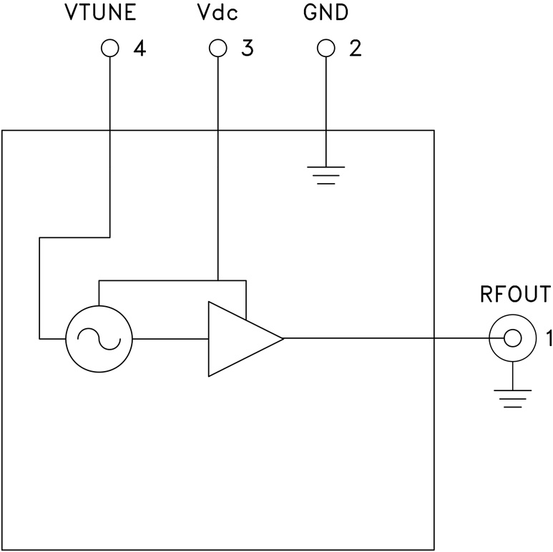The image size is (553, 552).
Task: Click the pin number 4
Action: pyautogui.click(x=140, y=49)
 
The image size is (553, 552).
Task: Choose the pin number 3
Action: pyautogui.click(x=247, y=49)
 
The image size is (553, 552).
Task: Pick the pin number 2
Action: pyautogui.click(x=355, y=49)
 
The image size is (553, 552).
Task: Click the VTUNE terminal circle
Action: pyautogui.click(x=109, y=49)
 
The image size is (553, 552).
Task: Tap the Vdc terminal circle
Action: pyautogui.click(x=217, y=49)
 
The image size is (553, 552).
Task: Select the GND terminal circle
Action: pyautogui.click(x=326, y=49)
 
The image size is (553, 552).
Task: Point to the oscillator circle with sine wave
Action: pyautogui.click(x=99, y=338)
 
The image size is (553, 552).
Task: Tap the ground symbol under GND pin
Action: pyautogui.click(x=326, y=174)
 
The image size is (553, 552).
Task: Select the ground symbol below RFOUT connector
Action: pyautogui.click(x=512, y=398)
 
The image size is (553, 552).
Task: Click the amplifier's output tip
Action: pyautogui.click(x=283, y=338)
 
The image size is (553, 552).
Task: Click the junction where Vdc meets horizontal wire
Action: pyautogui.click(x=217, y=280)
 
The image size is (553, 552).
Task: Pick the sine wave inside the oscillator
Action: pyautogui.click(x=99, y=338)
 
